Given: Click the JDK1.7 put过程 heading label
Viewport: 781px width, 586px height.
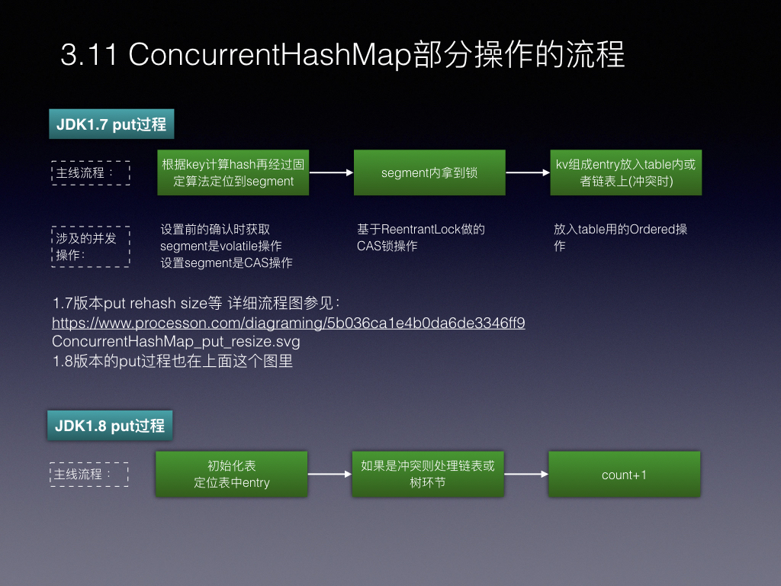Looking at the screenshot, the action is click(x=111, y=124).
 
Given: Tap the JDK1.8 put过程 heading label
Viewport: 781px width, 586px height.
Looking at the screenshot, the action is click(x=110, y=425).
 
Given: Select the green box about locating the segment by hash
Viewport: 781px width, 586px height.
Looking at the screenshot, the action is click(x=233, y=172).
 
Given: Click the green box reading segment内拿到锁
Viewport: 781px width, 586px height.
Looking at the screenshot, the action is click(x=429, y=172).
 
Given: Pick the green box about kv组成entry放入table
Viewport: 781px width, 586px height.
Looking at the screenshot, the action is click(x=626, y=172).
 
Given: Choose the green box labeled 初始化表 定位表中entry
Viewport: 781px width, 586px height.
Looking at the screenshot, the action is click(x=232, y=474).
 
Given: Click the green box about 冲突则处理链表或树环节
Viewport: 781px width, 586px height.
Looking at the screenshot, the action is click(x=428, y=474).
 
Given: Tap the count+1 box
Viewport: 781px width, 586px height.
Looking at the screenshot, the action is click(x=624, y=474).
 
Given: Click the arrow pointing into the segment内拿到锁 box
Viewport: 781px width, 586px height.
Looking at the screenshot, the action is click(x=331, y=172).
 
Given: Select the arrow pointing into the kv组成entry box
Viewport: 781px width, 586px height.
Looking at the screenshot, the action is click(x=528, y=172).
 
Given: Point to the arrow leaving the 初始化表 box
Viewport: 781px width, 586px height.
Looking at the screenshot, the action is click(x=329, y=474).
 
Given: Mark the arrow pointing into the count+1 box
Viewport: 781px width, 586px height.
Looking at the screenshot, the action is click(x=526, y=474).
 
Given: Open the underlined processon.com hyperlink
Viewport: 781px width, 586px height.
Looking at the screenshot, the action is click(x=288, y=323).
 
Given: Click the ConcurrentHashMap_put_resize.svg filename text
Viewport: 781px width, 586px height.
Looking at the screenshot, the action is click(x=176, y=341).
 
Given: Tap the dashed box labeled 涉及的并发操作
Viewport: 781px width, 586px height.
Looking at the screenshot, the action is click(x=91, y=246).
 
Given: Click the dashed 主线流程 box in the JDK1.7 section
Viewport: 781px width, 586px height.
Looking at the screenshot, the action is click(x=91, y=173).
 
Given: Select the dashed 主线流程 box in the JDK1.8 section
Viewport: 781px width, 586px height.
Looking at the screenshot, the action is click(x=89, y=475).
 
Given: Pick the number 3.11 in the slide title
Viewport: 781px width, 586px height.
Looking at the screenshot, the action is click(x=88, y=54).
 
